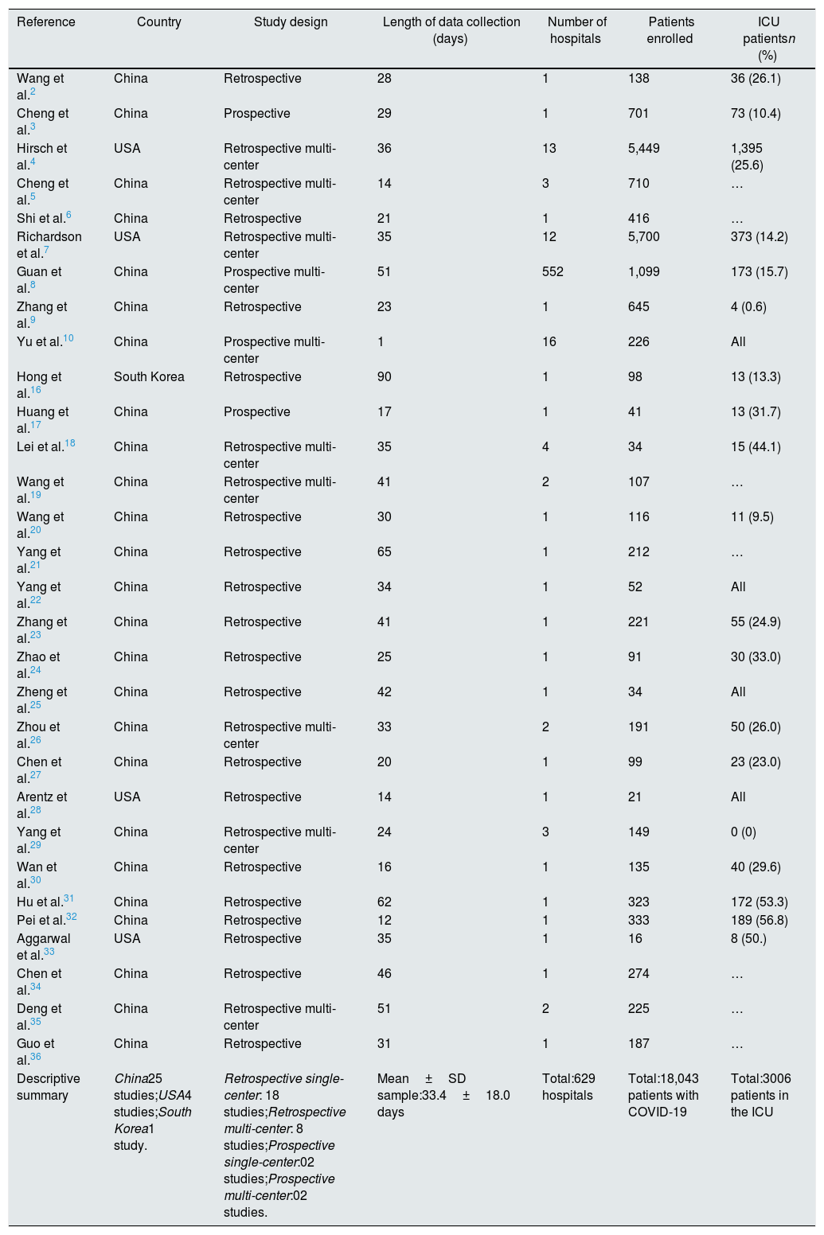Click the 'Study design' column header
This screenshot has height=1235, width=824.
click(x=291, y=22)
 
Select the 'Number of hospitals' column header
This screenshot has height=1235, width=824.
click(x=576, y=30)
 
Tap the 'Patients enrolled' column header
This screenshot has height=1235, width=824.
click(x=670, y=30)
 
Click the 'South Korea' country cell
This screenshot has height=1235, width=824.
click(x=149, y=377)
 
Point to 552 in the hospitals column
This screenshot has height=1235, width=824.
click(x=553, y=272)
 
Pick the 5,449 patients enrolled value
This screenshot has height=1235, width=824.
click(x=643, y=149)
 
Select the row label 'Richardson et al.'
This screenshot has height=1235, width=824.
click(x=49, y=245)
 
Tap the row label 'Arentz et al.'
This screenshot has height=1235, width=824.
click(x=41, y=805)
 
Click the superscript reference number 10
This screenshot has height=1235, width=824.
click(x=68, y=339)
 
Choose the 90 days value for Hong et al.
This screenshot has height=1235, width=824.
click(x=385, y=377)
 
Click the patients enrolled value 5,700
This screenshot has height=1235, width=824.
click(x=643, y=237)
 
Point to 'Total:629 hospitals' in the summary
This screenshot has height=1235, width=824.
click(x=568, y=1087)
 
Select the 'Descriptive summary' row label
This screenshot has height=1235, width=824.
click(x=48, y=1087)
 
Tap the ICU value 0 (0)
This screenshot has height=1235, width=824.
click(x=744, y=832)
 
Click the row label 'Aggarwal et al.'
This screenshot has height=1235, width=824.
click(x=43, y=947)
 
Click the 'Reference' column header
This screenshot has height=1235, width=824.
click(x=46, y=22)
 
